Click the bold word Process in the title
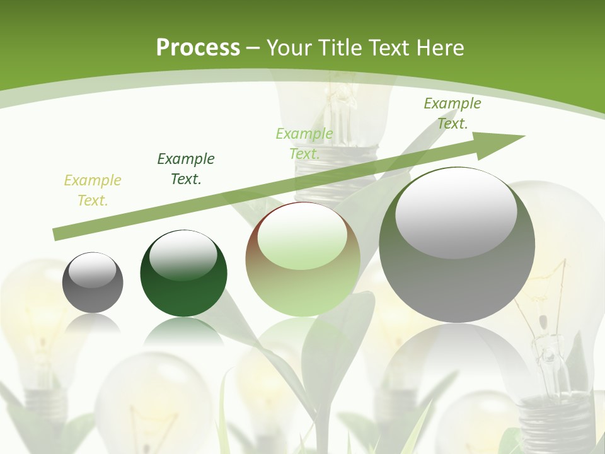tap(198, 48)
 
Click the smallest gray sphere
tap(93, 282)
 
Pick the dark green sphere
tap(183, 275)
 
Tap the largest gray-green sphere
tap(457, 246)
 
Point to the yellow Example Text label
tap(93, 190)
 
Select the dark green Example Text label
tap(186, 169)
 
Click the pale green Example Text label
tap(304, 144)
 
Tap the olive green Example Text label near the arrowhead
tap(452, 113)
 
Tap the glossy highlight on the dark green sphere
tap(183, 255)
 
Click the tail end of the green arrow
tap(55, 235)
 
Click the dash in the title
tap(253, 48)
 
